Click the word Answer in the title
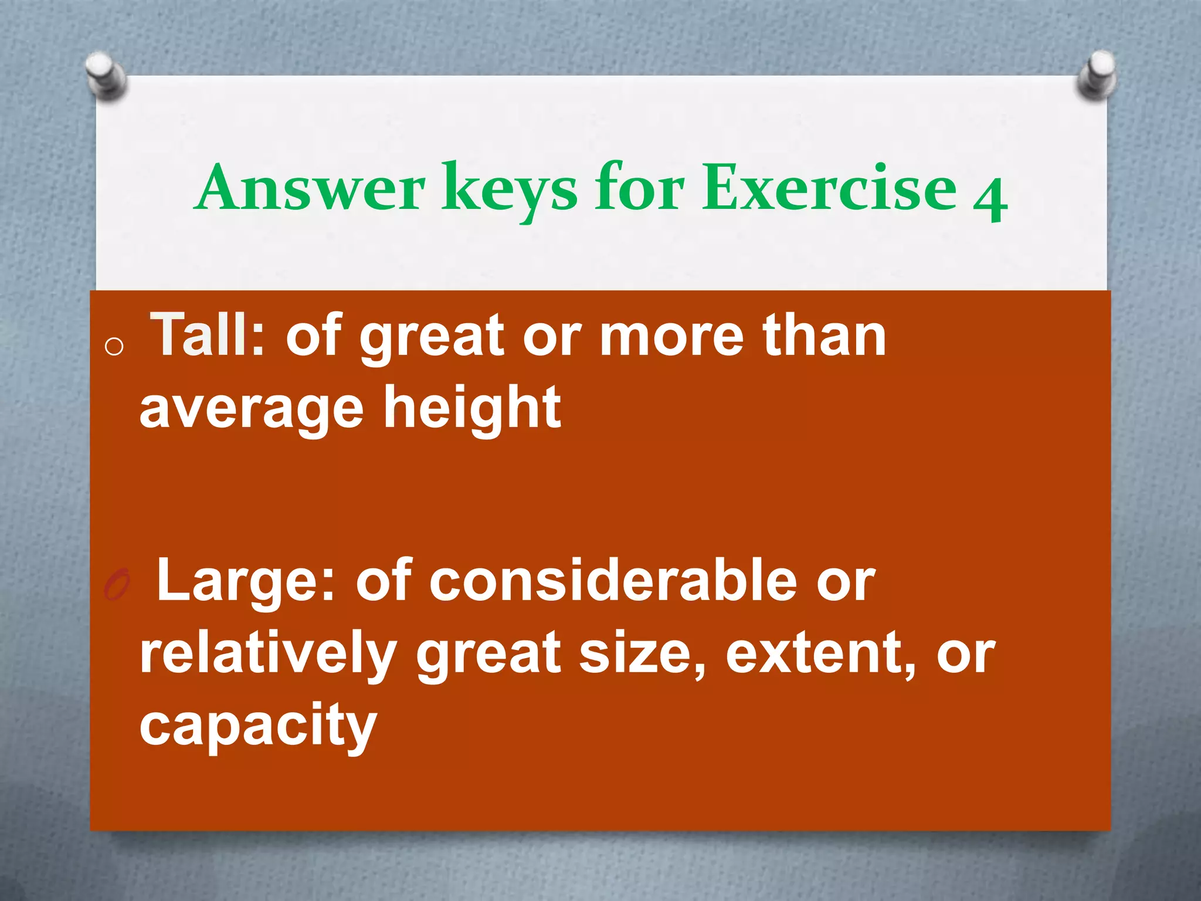[x=310, y=188]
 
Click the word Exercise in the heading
[x=829, y=188]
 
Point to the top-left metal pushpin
[x=106, y=77]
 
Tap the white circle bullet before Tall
[x=114, y=347]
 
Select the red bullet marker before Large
[x=116, y=585]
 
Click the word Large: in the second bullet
[x=245, y=581]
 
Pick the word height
[x=472, y=408]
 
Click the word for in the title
[x=639, y=188]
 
